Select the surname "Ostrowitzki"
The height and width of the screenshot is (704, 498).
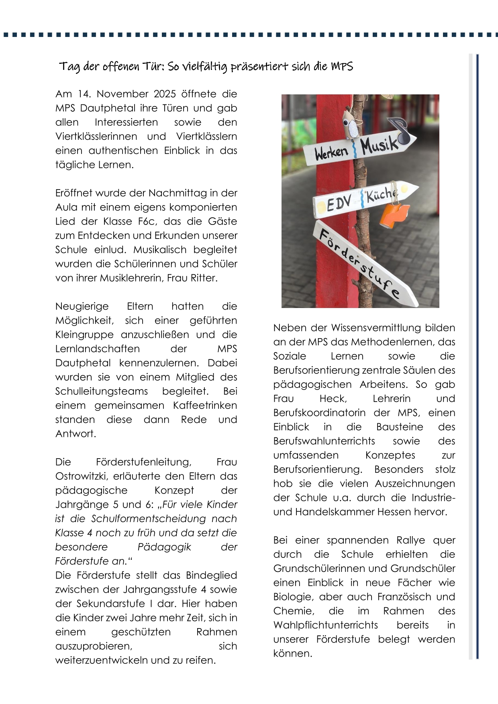pyautogui.click(x=82, y=476)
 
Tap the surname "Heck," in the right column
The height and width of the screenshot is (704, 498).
pyautogui.click(x=333, y=398)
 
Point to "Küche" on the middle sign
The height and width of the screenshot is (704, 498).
pyautogui.click(x=381, y=195)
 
